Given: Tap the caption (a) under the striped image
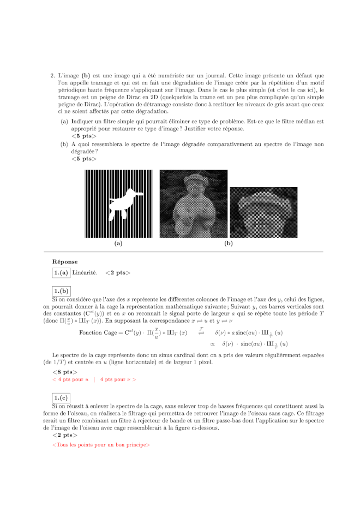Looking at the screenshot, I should tap(118, 244).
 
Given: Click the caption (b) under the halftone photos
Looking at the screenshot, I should tap(229, 244).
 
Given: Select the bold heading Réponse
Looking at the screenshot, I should tap(65, 262).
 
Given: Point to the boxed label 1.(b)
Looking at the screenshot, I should tap(61, 291).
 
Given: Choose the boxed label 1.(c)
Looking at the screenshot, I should tap(61, 398).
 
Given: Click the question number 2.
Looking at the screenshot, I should tap(52, 76).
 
